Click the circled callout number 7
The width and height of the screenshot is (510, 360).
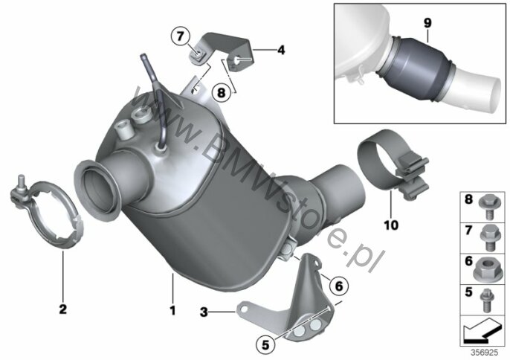tap(180, 36)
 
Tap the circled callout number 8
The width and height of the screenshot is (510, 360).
tap(222, 93)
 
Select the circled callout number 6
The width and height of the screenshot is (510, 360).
tap(338, 286)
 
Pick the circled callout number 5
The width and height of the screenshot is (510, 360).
tap(265, 344)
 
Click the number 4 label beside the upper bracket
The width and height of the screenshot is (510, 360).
tap(281, 50)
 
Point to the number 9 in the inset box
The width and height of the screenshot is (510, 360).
tap(427, 23)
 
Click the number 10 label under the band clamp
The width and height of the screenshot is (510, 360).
tap(391, 225)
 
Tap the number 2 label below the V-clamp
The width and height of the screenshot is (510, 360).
tap(62, 309)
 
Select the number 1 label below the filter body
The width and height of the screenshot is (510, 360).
tap(172, 310)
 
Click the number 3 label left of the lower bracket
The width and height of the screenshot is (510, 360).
tap(204, 312)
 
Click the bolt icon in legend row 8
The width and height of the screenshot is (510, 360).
tap(486, 207)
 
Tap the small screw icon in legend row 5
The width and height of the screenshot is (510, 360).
tap(487, 300)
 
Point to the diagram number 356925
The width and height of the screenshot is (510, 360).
tap(485, 353)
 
